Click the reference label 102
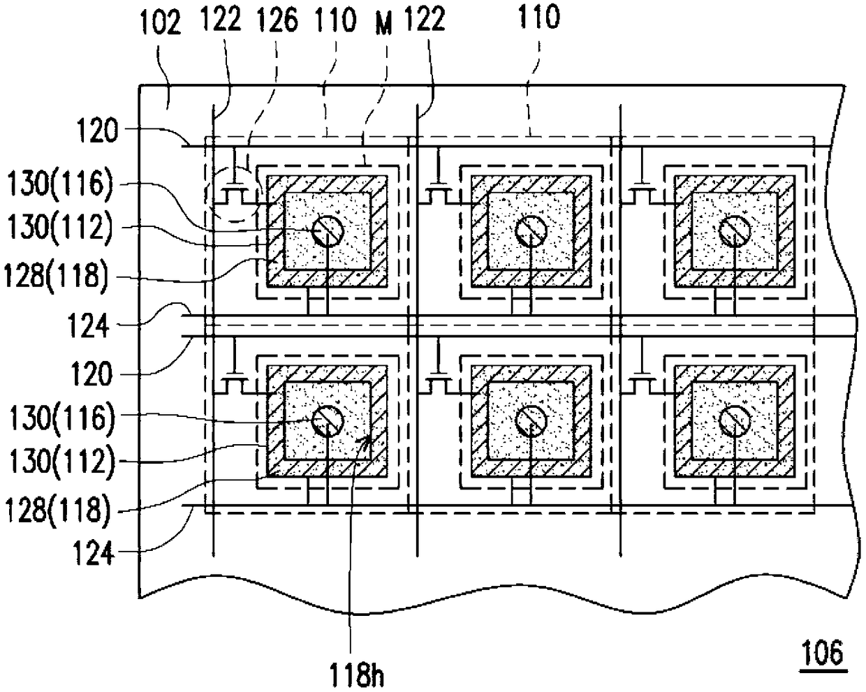tap(160, 23)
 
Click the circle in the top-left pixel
tap(328, 231)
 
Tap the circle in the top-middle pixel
tap(531, 231)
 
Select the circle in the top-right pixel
tap(735, 231)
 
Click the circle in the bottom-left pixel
tap(328, 421)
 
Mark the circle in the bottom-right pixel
tap(735, 421)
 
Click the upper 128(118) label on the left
tap(56, 277)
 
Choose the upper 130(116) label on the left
tap(60, 184)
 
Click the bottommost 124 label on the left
tap(94, 554)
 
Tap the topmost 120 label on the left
tap(98, 130)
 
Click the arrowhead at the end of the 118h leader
tap(365, 442)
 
